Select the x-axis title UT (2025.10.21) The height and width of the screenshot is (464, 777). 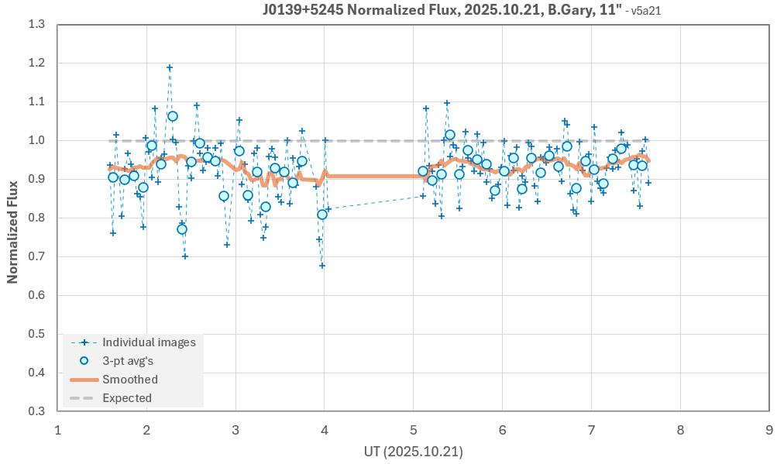[x=413, y=451]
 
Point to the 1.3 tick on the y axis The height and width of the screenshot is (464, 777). [x=36, y=25]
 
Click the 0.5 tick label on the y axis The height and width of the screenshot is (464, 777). [x=36, y=334]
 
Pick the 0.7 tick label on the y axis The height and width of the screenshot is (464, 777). [x=36, y=256]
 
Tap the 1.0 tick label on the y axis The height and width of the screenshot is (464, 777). [x=36, y=140]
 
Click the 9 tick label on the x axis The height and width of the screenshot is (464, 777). [x=769, y=429]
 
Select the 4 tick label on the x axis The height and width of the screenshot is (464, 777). [x=325, y=429]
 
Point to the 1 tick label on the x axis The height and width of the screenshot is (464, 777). [x=57, y=429]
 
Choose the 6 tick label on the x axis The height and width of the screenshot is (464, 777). [x=503, y=429]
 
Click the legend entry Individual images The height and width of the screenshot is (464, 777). [x=149, y=342]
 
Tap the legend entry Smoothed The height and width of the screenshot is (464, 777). [x=130, y=380]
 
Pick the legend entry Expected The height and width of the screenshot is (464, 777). [x=127, y=398]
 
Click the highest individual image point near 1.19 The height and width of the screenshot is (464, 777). [x=170, y=68]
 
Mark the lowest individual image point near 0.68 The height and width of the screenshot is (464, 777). [x=322, y=266]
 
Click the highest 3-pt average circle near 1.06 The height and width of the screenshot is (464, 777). [x=173, y=116]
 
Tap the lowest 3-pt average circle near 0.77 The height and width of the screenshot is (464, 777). [x=182, y=229]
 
